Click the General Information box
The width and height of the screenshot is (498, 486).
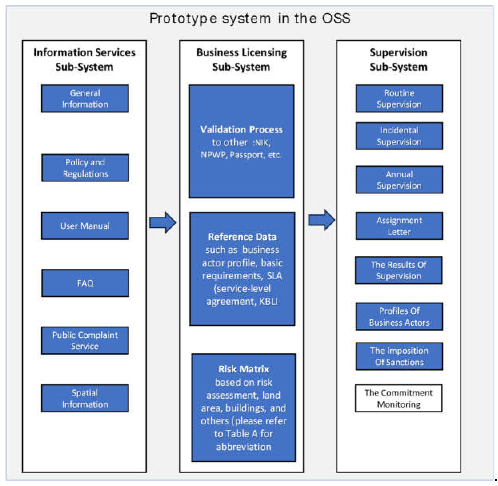[85, 99]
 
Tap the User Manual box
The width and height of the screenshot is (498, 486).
[85, 226]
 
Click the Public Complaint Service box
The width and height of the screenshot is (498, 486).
[85, 340]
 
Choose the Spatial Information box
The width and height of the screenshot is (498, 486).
[85, 398]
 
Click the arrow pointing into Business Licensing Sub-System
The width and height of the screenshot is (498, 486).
[163, 222]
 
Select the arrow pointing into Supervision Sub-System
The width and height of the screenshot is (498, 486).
[321, 220]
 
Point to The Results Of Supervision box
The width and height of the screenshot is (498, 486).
[399, 270]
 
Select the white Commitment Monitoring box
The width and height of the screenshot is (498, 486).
[399, 398]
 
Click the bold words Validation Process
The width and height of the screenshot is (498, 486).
[241, 130]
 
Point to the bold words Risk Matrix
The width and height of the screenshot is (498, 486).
[243, 369]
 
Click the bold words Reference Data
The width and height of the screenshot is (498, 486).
[242, 237]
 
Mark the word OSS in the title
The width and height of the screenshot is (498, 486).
[336, 18]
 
